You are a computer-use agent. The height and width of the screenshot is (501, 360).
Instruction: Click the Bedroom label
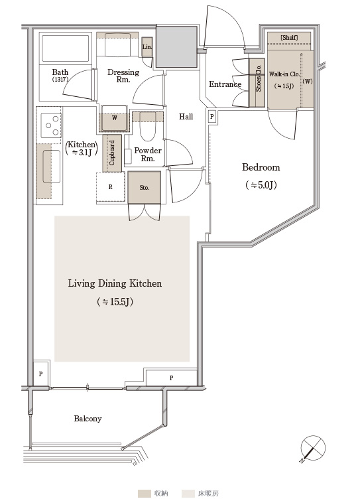(x=261, y=167)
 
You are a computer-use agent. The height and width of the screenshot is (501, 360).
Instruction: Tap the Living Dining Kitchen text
(x=115, y=283)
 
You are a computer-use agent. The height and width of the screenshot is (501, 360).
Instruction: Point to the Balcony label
(x=88, y=419)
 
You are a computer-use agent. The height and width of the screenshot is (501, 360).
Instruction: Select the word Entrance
(x=225, y=84)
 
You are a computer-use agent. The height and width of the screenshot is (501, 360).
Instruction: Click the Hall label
(x=186, y=117)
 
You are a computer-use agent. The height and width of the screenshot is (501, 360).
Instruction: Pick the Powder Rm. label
(x=147, y=155)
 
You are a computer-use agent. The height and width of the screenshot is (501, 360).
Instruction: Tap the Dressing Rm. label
(x=123, y=76)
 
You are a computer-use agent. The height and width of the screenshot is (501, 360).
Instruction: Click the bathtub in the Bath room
(x=66, y=48)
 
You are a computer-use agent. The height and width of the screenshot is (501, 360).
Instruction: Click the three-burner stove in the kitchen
(x=51, y=125)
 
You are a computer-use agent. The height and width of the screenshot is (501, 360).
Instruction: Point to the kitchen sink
(x=52, y=167)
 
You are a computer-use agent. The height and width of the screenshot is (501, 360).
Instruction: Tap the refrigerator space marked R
(x=111, y=187)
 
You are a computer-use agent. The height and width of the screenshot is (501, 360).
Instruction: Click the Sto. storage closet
(x=145, y=188)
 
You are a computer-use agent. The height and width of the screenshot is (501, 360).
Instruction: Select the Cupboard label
(x=111, y=153)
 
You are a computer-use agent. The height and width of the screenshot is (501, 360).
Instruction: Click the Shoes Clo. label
(x=258, y=78)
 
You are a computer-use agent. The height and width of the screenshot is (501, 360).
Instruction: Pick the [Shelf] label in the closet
(x=289, y=37)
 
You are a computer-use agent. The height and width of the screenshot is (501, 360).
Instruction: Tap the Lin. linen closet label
(x=147, y=46)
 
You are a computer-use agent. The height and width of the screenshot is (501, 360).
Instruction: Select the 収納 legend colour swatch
(x=145, y=494)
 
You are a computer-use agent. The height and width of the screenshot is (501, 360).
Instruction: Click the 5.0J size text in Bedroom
(x=261, y=185)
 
